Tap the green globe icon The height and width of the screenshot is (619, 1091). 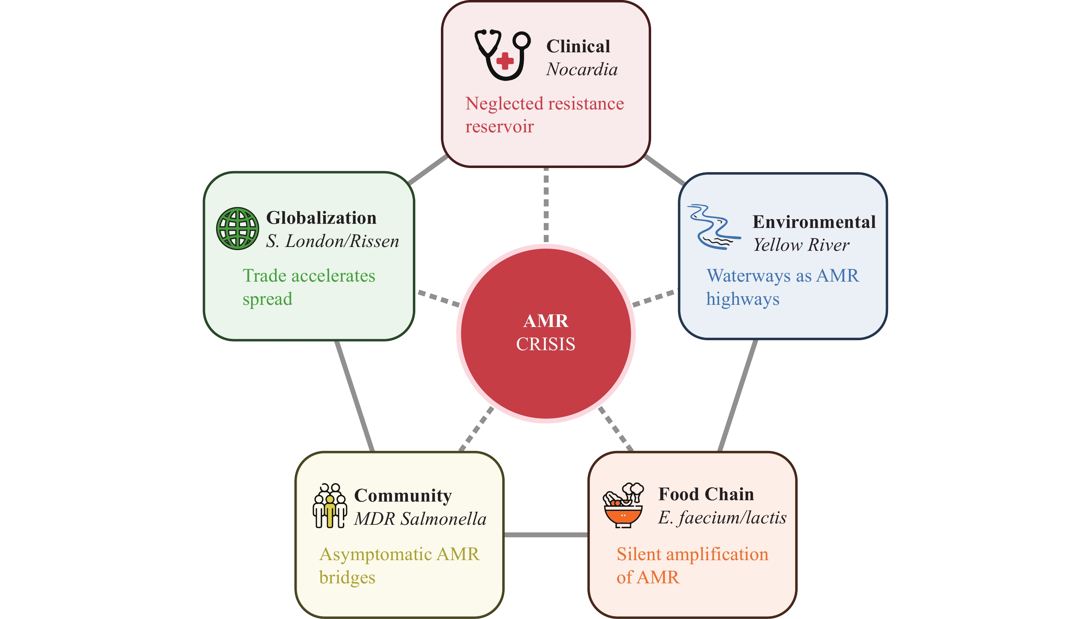[x=237, y=228]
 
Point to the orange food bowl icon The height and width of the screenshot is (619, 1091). [x=623, y=506]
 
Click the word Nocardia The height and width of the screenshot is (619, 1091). [x=582, y=69]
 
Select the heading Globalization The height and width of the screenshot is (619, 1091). [x=321, y=218]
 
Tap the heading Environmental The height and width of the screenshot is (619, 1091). [x=814, y=221]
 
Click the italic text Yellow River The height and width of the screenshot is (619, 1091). [x=801, y=245]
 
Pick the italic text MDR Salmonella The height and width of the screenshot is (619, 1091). [x=420, y=519]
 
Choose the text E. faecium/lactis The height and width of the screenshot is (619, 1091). [x=722, y=518]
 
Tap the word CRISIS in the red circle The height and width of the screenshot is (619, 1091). [x=546, y=344]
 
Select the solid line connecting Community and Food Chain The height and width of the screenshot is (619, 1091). [x=546, y=534]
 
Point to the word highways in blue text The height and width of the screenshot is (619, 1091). [x=743, y=299]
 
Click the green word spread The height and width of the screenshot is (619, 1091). [x=267, y=299]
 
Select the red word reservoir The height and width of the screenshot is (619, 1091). [x=499, y=127]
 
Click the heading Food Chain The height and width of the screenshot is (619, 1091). [x=706, y=494]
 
